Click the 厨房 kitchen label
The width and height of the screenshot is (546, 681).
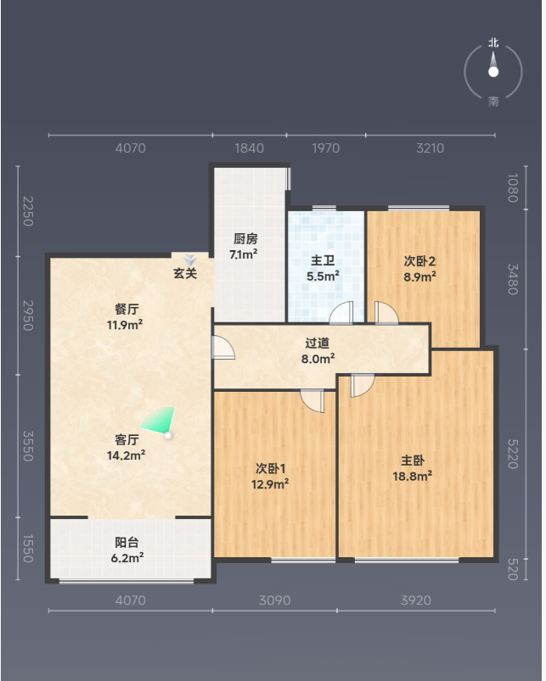245,238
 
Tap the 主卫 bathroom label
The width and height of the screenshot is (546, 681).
323,260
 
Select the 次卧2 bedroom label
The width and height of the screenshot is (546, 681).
419,261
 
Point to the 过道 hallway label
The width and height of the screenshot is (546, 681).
318,343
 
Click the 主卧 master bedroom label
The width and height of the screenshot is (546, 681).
413,461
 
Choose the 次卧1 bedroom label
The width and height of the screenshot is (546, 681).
270,469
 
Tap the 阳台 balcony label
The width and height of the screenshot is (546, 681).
127,542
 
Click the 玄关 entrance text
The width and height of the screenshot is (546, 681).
185,273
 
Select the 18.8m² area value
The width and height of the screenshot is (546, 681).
412,476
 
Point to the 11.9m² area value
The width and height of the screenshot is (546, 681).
125,325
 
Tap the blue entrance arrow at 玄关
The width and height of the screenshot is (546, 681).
190,260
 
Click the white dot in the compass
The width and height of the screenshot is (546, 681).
493,72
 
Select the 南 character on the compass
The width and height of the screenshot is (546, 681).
493,101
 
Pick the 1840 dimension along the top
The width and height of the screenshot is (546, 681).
250,148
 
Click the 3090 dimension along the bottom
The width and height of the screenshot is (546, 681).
275,600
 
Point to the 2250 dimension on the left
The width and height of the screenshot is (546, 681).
27,211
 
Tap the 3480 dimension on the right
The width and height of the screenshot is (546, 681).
513,279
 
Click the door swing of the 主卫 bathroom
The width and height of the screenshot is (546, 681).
341,313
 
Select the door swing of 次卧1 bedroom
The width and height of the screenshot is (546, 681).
312,401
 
